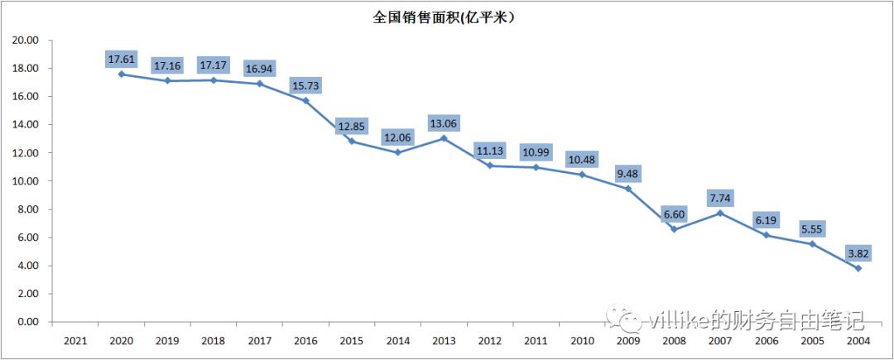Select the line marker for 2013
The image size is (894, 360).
[x=444, y=138]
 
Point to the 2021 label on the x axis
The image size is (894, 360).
[x=75, y=339]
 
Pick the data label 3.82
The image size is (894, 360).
[x=858, y=252]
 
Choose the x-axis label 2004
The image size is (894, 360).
[x=858, y=339]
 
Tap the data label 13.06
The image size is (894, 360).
[x=444, y=122]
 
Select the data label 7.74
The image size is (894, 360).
[x=720, y=198]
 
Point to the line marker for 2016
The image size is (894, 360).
[x=305, y=100]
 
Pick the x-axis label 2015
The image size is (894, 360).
[x=352, y=339]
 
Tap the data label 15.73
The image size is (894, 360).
[x=305, y=85]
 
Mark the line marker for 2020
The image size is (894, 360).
[x=122, y=74]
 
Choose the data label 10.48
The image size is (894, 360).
[x=582, y=159]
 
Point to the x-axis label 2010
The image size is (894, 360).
[x=582, y=339]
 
